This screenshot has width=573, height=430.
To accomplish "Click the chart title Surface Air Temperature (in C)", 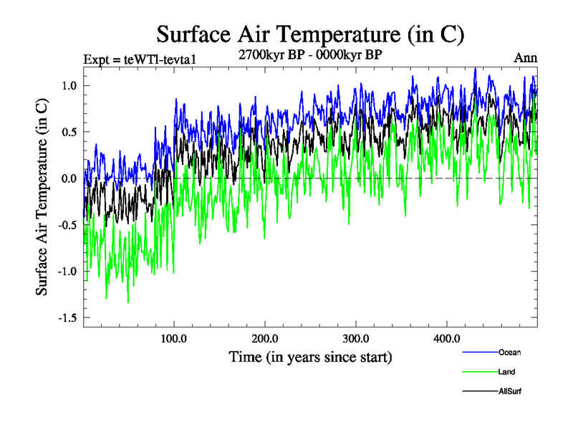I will [310, 34].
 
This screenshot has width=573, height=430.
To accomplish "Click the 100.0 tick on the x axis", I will [174, 338].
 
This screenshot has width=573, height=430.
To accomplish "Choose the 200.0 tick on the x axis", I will [265, 338].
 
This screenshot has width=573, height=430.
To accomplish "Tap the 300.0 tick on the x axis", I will [356, 338].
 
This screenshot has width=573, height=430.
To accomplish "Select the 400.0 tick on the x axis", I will [446, 338].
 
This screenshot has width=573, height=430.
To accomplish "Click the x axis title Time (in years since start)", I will [310, 357].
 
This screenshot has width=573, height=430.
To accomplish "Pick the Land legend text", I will [507, 372].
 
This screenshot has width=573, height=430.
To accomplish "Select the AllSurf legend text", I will [511, 392].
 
